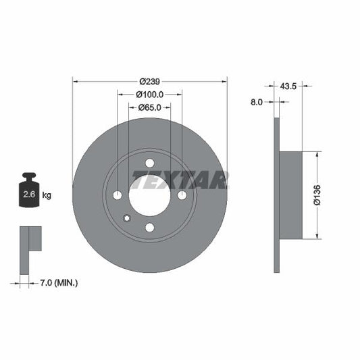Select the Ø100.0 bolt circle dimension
149,94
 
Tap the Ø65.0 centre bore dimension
149,107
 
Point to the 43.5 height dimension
289,86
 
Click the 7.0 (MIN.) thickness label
59,282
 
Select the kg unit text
47,196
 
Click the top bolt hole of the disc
150,163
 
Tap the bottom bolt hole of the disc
150,228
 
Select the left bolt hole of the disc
118,195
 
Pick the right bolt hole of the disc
182,195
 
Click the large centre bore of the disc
150,195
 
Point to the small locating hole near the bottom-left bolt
126,217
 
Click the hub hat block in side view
290,195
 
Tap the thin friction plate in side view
276,195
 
